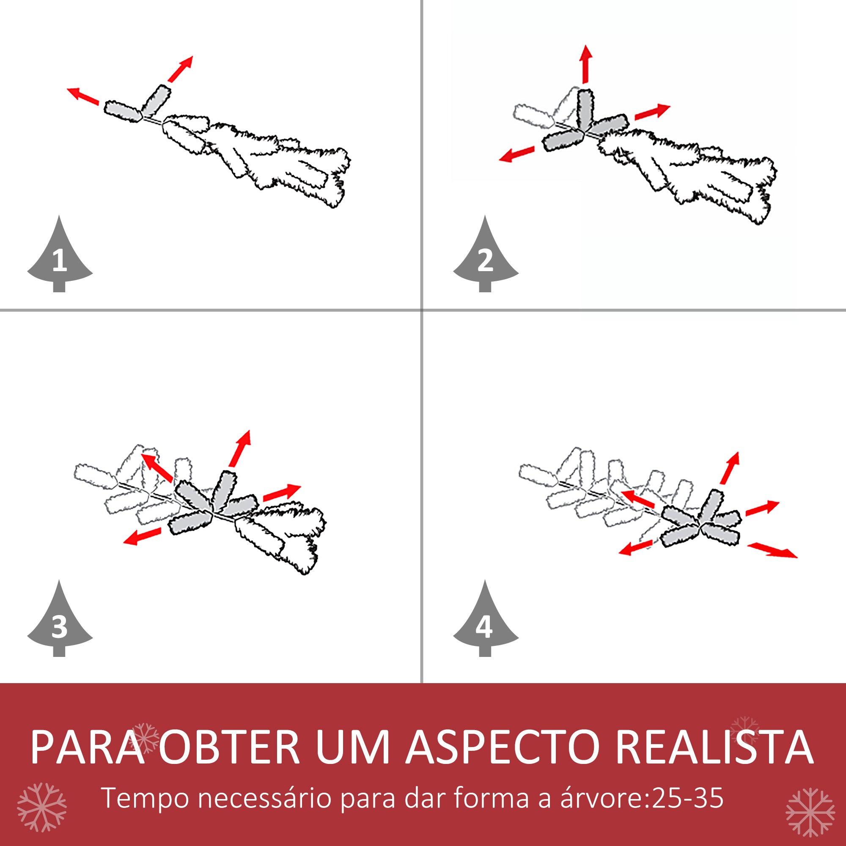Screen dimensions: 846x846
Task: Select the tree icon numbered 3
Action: [60, 624]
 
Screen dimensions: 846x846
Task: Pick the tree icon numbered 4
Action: [486, 624]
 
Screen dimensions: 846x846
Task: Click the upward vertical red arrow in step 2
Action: [586, 63]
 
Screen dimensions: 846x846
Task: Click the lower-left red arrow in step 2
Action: [517, 154]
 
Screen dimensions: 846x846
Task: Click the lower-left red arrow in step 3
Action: [142, 536]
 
